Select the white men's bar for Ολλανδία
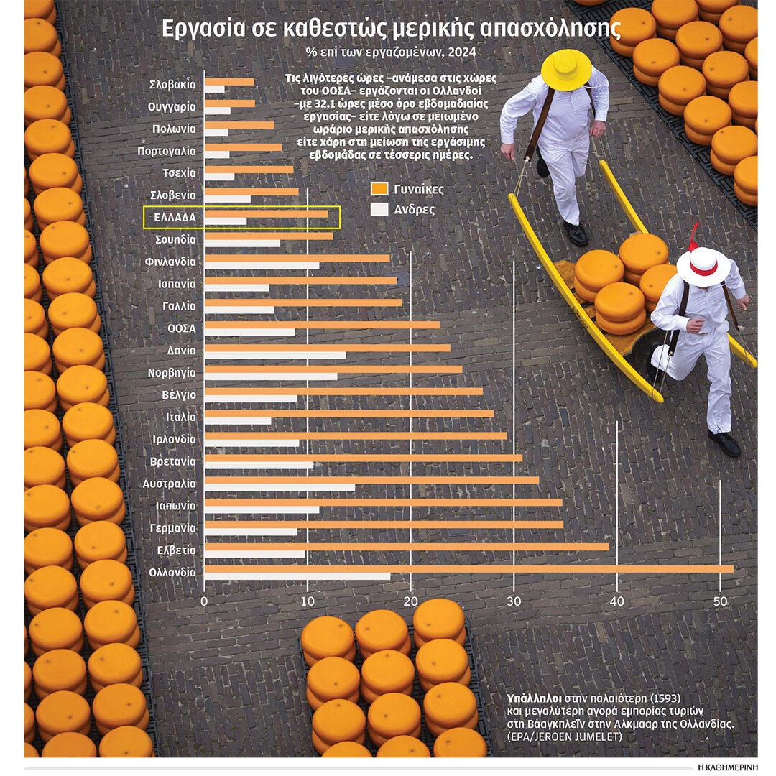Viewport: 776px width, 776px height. pyautogui.click(x=297, y=576)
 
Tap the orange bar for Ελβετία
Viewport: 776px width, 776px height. pyautogui.click(x=407, y=546)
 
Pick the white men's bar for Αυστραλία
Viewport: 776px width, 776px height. pyautogui.click(x=280, y=487)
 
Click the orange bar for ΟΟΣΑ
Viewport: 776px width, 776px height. pyautogui.click(x=322, y=324)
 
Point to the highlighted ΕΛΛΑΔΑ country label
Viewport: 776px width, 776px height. pyautogui.click(x=175, y=216)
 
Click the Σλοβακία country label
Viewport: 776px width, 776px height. pyautogui.click(x=172, y=84)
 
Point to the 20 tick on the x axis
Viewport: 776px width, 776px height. pyautogui.click(x=410, y=601)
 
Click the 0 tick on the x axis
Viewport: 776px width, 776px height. pyautogui.click(x=205, y=601)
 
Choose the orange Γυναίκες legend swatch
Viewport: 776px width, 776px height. pyautogui.click(x=379, y=189)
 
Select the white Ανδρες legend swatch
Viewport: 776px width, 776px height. pyautogui.click(x=379, y=209)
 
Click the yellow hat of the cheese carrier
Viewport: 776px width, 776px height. pyautogui.click(x=565, y=68)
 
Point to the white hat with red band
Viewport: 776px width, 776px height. pyautogui.click(x=703, y=266)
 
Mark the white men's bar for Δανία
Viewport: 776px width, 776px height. pyautogui.click(x=275, y=355)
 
